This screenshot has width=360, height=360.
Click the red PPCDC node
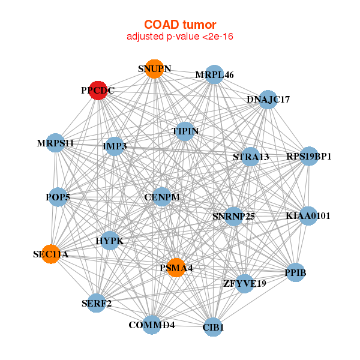pyautogui.click(x=98, y=90)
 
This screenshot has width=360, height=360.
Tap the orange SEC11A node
pyautogui.click(x=51, y=254)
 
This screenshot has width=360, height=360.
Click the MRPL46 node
pyautogui.click(x=214, y=74)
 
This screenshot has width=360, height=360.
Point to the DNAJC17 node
pyautogui.click(x=268, y=99)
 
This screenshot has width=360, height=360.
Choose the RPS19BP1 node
pyautogui.click(x=309, y=157)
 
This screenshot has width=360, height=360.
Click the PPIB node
pyautogui.click(x=295, y=273)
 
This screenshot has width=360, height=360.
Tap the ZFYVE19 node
pyautogui.click(x=244, y=283)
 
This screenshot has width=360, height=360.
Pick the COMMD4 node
pyautogui.click(x=152, y=325)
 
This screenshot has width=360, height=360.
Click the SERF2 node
pyautogui.click(x=97, y=303)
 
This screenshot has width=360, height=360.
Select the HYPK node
pyautogui.click(x=110, y=241)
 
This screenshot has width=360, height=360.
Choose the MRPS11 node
pyautogui.click(x=55, y=143)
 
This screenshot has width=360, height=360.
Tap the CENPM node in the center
pyautogui.click(x=162, y=196)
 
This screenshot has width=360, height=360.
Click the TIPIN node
pyautogui.click(x=185, y=131)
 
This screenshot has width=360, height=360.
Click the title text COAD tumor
pyautogui.click(x=180, y=25)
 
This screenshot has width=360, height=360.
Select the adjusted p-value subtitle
pyautogui.click(x=180, y=37)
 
